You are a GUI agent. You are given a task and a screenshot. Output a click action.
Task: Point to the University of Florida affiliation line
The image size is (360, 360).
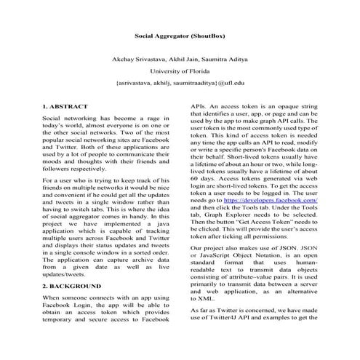(x=180, y=72)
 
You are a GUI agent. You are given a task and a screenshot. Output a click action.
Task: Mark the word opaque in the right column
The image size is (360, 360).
(x=295, y=107)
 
